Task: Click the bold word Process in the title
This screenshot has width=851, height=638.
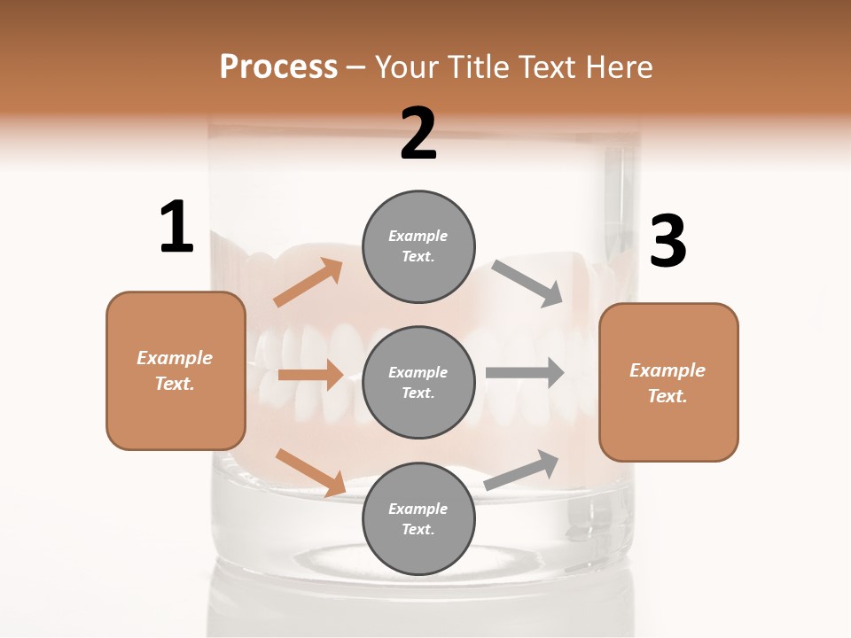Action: tap(278, 67)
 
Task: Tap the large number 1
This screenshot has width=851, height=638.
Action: tap(176, 227)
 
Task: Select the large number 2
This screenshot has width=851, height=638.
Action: tap(418, 134)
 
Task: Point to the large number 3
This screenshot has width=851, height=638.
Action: tap(668, 241)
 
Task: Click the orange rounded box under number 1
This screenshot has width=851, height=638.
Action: tap(176, 370)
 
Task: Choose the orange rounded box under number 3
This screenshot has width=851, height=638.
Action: tap(668, 383)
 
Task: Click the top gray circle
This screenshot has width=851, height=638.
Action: tap(418, 246)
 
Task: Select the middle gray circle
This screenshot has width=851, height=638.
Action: tap(418, 383)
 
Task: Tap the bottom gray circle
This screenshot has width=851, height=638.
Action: tap(418, 519)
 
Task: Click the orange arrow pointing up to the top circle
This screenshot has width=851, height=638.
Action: tap(308, 283)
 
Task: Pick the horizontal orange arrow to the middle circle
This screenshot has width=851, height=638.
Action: tap(310, 375)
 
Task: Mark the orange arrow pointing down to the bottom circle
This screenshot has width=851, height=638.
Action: tap(310, 472)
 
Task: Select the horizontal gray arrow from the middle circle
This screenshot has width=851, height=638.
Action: tap(525, 371)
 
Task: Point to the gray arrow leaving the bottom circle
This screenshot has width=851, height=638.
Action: tap(522, 470)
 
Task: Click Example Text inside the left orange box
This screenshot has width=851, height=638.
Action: tap(175, 370)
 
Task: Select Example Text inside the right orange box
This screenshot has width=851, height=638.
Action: tap(668, 383)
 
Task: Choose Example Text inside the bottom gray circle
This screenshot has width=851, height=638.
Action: tap(418, 519)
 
